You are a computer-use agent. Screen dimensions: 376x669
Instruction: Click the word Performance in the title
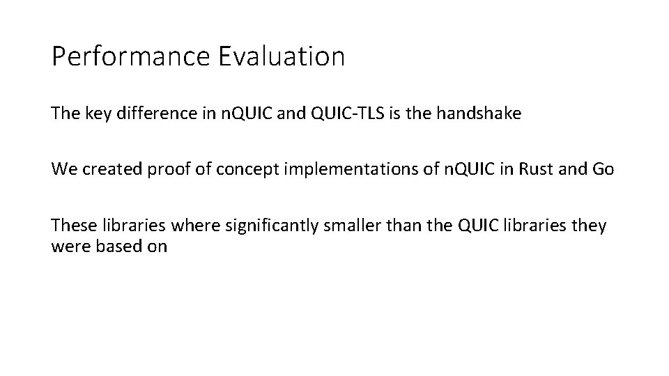click(x=131, y=57)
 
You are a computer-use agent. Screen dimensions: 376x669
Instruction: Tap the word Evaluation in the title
click(x=282, y=57)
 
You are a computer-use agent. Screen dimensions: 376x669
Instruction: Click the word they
click(x=592, y=226)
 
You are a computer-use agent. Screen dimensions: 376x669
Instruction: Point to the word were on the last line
click(x=68, y=246)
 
